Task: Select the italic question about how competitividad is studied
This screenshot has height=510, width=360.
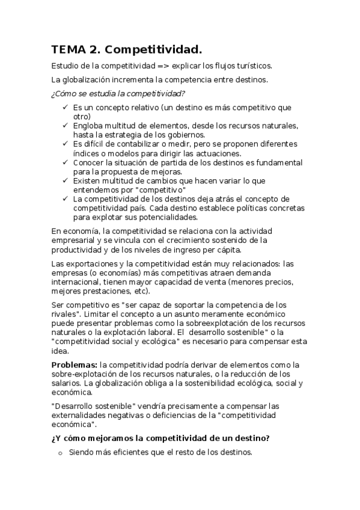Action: point(118,93)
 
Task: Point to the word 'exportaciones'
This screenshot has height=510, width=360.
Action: point(90,263)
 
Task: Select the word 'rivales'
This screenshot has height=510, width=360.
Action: point(66,315)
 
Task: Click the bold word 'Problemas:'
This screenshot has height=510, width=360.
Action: point(75,364)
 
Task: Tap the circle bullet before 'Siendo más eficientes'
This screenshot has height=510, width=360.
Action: point(60,452)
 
